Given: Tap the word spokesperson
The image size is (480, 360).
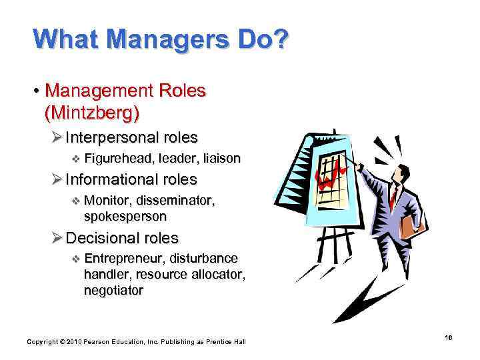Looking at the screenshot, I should [125, 217].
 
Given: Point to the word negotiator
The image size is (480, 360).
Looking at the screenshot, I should [113, 290].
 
